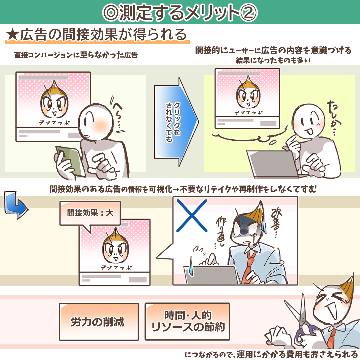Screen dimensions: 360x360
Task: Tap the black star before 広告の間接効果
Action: tap(13, 35)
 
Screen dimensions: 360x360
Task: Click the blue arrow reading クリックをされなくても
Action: tap(176, 122)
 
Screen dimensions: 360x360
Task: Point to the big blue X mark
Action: tap(192, 216)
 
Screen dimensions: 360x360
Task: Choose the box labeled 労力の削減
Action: tap(99, 322)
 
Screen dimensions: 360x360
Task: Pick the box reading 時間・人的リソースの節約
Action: tap(187, 321)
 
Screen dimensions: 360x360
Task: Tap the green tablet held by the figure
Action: tap(70, 161)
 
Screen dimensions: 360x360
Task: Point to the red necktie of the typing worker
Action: tap(248, 266)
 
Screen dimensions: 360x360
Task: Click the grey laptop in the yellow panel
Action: tap(274, 164)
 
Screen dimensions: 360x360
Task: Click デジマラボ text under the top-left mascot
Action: tap(54, 123)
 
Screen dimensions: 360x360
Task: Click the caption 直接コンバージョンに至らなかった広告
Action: tap(76, 55)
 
